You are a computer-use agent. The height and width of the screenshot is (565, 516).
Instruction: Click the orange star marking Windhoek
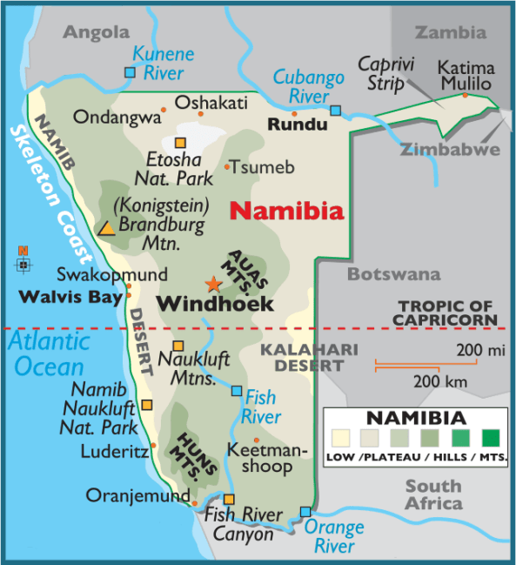tap(212, 284)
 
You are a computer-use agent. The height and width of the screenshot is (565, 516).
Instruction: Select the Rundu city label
tap(298, 125)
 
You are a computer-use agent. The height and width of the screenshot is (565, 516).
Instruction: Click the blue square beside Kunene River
tap(130, 72)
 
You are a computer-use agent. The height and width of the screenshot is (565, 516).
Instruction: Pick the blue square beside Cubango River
tap(336, 111)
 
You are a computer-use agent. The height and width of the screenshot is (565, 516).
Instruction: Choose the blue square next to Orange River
tap(305, 512)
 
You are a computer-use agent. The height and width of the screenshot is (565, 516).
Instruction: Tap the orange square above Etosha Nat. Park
tap(180, 143)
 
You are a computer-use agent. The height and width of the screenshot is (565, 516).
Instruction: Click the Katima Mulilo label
tap(466, 76)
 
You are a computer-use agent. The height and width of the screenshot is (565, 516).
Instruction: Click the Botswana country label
tap(394, 274)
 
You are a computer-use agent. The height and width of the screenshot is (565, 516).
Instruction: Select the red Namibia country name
tap(286, 211)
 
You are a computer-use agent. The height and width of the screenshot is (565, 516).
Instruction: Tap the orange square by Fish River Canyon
tap(229, 500)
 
